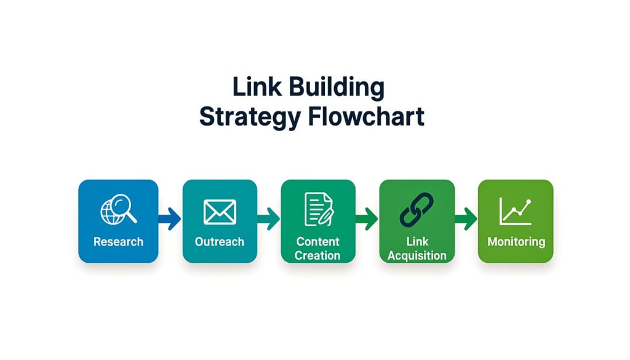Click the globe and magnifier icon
click(x=118, y=209)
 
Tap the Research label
click(x=118, y=242)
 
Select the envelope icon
click(x=220, y=212)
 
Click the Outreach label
click(x=220, y=242)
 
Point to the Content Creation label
click(x=317, y=248)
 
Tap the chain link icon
click(x=417, y=209)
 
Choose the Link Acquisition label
click(x=417, y=248)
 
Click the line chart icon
click(x=516, y=210)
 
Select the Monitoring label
click(x=516, y=242)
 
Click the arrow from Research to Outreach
click(x=170, y=217)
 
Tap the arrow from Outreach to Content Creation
click(x=269, y=217)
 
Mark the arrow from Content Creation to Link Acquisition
click(x=367, y=217)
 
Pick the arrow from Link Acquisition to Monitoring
click(x=466, y=217)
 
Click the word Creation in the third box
click(x=317, y=255)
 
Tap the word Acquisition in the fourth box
click(x=417, y=255)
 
